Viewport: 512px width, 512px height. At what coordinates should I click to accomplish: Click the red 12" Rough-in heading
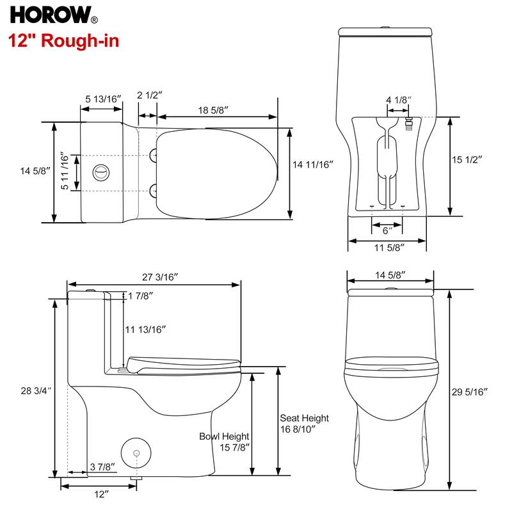pyautogui.click(x=63, y=42)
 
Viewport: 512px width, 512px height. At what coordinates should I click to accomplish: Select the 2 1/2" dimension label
pyautogui.click(x=149, y=95)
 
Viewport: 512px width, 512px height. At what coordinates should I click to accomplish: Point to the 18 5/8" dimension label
pyautogui.click(x=213, y=110)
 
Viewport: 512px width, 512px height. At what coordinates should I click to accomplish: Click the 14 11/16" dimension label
pyautogui.click(x=314, y=164)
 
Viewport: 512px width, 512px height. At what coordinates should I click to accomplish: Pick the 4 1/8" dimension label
pyautogui.click(x=398, y=100)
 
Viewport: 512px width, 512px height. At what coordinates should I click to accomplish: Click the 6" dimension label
pyautogui.click(x=387, y=230)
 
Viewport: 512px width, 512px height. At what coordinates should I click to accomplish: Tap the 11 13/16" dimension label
pyautogui.click(x=145, y=329)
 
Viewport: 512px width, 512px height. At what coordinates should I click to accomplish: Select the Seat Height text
pyautogui.click(x=304, y=418)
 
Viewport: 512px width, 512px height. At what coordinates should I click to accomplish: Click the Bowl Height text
pyautogui.click(x=223, y=436)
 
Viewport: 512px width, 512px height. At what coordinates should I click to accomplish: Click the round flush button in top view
pyautogui.click(x=101, y=172)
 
